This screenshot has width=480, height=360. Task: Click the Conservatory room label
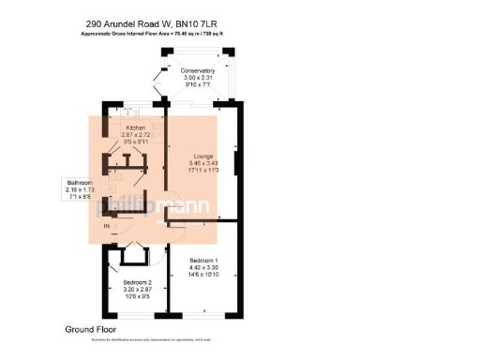[198, 71]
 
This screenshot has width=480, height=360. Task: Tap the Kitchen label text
[136, 127]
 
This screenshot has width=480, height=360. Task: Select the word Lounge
[204, 155]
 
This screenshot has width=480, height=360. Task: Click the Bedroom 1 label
[204, 260]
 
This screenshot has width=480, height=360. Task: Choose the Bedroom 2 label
[138, 282]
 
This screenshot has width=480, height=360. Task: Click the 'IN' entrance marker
[107, 227]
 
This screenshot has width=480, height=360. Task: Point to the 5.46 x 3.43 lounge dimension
[204, 162]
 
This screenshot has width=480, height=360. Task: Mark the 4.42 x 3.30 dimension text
[204, 267]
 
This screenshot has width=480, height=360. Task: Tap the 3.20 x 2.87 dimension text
[138, 290]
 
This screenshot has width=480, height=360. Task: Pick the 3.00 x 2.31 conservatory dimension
[198, 78]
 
